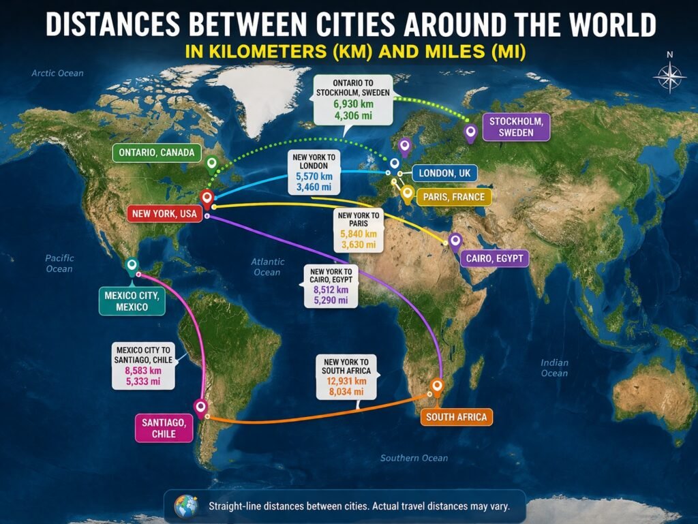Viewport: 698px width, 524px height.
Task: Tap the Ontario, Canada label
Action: (x=156, y=153)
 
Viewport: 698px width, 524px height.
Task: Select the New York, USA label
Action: (x=164, y=214)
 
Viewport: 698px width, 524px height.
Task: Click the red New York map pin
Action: (x=209, y=198)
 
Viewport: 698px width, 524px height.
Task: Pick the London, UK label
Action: (x=445, y=173)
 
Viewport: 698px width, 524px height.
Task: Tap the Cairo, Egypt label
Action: (x=494, y=258)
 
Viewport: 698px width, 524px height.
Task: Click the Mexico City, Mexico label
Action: (x=132, y=301)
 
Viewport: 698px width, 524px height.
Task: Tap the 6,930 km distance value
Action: (x=354, y=103)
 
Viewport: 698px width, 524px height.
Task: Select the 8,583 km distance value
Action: (x=143, y=371)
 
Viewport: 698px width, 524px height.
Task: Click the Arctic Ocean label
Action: (x=57, y=73)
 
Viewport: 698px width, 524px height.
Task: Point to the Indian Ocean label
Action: (x=553, y=368)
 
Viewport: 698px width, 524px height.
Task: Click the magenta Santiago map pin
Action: (x=200, y=407)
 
